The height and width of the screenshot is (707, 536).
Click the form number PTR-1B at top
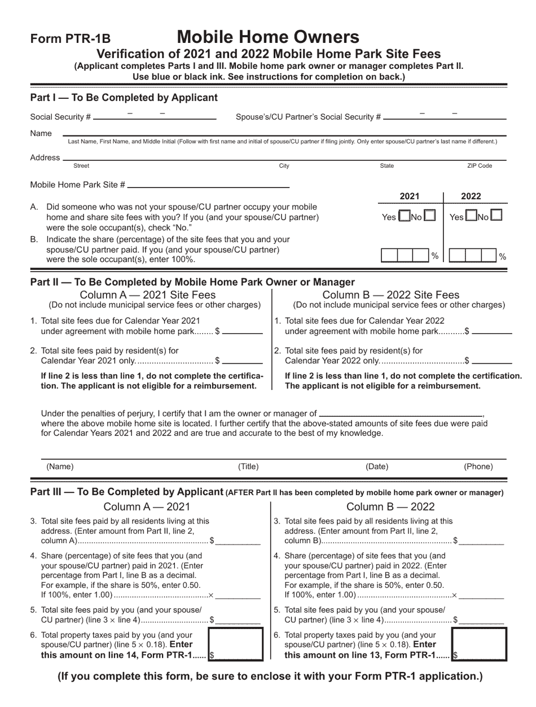click(70, 39)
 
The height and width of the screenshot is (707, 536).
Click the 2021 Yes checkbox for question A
click(404, 216)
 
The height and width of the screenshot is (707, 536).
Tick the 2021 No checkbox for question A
click(429, 216)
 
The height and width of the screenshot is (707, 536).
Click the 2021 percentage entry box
click(406, 255)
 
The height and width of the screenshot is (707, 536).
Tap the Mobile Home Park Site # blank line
click(208, 185)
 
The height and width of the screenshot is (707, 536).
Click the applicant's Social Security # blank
click(155, 117)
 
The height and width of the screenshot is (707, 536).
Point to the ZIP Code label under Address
click(480, 166)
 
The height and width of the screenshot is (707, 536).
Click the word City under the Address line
click(284, 166)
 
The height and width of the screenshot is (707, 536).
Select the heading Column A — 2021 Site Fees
click(148, 295)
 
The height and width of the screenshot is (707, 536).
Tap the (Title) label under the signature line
click(248, 466)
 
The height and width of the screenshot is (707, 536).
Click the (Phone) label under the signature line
click(478, 466)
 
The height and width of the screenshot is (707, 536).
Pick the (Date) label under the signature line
click(377, 466)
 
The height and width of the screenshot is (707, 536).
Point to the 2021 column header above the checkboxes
click(410, 197)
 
